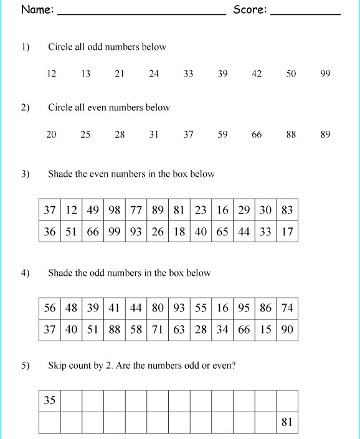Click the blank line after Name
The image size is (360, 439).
[141, 12]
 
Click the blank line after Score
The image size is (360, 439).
[306, 12]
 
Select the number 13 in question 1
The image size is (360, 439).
[85, 73]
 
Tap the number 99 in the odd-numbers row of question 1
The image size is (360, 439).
[325, 73]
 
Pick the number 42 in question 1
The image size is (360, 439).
[257, 73]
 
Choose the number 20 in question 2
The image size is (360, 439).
[51, 135]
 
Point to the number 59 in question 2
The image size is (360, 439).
[222, 135]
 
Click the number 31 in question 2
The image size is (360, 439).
[154, 135]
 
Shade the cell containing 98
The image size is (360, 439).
[115, 210]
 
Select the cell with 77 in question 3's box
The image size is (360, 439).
[136, 210]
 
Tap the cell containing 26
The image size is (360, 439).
[158, 232]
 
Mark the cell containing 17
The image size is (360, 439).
[287, 232]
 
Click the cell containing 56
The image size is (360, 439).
[50, 308]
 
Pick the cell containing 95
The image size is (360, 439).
[244, 308]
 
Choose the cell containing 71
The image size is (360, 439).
[158, 329]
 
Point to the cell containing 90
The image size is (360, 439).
[287, 329]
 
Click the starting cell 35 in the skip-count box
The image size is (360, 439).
[50, 400]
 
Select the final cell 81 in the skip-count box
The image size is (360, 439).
[287, 422]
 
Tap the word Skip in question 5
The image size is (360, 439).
[57, 366]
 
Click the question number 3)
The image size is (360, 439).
[26, 174]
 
